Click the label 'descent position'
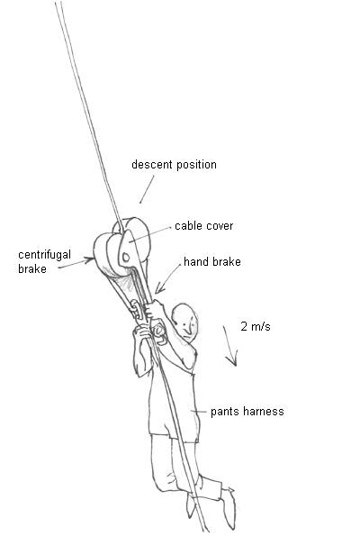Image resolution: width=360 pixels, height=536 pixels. (174, 165)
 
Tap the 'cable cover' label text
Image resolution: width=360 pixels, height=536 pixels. (204, 226)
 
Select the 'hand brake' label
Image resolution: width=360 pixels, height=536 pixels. (212, 262)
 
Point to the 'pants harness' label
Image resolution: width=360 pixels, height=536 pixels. (247, 411)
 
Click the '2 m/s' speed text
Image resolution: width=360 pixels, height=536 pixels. (256, 326)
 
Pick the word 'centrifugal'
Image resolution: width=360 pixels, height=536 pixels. (44, 255)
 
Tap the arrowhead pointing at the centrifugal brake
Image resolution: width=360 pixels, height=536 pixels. (90, 260)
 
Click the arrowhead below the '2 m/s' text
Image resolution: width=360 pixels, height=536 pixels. (232, 360)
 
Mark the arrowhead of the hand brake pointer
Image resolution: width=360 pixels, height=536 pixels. (159, 288)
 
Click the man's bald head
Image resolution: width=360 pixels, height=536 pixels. (184, 318)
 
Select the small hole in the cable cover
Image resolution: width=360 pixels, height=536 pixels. (126, 257)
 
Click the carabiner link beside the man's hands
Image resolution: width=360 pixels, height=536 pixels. (136, 309)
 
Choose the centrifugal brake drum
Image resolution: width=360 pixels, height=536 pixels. (106, 255)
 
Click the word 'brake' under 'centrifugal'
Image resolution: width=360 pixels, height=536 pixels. (32, 269)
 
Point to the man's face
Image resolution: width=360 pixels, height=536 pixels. (188, 325)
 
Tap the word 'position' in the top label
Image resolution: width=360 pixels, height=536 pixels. (197, 165)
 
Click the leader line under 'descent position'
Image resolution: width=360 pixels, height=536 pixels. (147, 189)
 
